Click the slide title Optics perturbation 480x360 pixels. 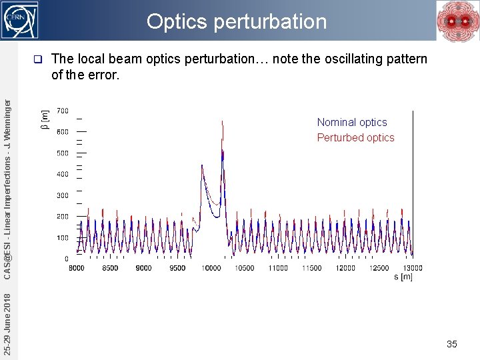pos(237,22)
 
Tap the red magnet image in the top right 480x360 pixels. pos(457,21)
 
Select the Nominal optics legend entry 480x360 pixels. pos(351,122)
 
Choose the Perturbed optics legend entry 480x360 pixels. pos(355,138)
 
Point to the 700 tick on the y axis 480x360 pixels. pos(62,111)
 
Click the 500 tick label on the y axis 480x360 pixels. pos(62,153)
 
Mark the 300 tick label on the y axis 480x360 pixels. pos(62,196)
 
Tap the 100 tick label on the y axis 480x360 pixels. pos(62,238)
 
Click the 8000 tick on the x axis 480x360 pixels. pos(77,268)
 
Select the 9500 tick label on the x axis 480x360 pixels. pos(177,268)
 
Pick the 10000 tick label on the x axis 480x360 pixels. pos(211,268)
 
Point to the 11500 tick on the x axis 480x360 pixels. pos(312,268)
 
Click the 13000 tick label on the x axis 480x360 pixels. pos(412,268)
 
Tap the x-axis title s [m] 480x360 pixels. pos(403,277)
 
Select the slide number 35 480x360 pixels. pos(452,344)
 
